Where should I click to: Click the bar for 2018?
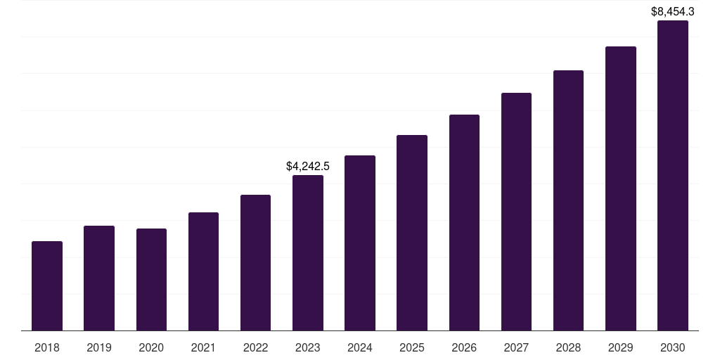click(x=47, y=286)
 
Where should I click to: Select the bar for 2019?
click(x=99, y=278)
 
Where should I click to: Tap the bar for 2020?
click(x=151, y=280)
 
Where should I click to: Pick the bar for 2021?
click(x=203, y=271)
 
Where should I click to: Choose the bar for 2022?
click(x=255, y=263)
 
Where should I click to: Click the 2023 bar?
click(x=308, y=253)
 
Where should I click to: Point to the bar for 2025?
click(x=412, y=233)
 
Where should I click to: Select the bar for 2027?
click(x=516, y=212)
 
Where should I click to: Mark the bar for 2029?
click(x=620, y=188)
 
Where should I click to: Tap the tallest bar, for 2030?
click(x=673, y=176)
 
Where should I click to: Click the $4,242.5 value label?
click(x=308, y=167)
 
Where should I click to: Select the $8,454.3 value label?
click(x=673, y=11)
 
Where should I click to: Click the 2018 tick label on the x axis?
click(x=47, y=347)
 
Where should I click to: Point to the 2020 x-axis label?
click(x=151, y=347)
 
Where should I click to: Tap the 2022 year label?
click(x=255, y=347)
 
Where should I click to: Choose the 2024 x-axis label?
click(x=360, y=347)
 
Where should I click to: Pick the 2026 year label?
click(x=464, y=347)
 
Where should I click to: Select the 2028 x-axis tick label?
click(x=568, y=347)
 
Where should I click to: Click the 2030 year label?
click(x=673, y=347)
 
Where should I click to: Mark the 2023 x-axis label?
click(x=308, y=347)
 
